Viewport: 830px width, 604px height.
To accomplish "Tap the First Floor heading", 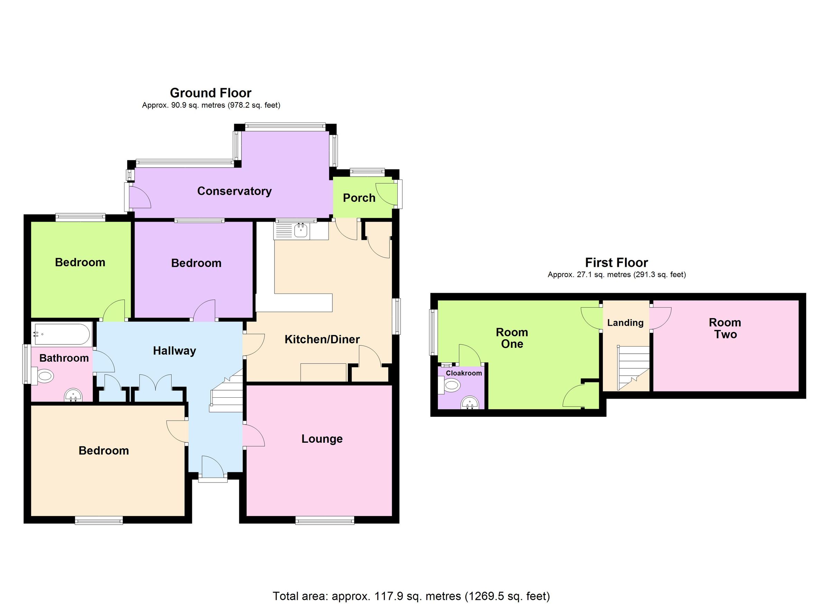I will tap(616, 262).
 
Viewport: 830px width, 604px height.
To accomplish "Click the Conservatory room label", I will tap(234, 191).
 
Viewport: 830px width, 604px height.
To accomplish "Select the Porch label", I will tap(359, 198).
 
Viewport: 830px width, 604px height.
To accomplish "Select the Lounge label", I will tap(322, 439).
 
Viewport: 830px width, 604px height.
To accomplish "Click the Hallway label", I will tap(174, 351).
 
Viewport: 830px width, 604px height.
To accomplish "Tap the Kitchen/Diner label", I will tap(322, 339).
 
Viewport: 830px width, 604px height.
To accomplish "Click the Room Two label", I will tap(725, 328).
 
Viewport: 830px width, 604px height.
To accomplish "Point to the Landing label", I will tap(625, 323).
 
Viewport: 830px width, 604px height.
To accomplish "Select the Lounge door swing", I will tap(253, 435).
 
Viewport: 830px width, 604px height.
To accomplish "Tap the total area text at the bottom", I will tap(411, 596).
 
